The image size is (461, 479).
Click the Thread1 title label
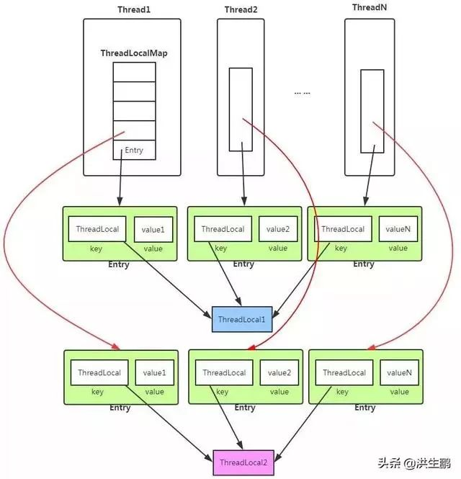(133, 9)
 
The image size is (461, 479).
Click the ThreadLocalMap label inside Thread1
(134, 54)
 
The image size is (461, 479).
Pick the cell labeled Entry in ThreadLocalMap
(134, 150)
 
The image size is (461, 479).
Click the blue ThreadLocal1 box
(242, 319)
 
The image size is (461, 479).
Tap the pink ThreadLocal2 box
(243, 462)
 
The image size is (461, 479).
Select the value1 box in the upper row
(153, 229)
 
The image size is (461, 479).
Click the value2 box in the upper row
(278, 229)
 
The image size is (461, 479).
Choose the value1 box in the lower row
(154, 372)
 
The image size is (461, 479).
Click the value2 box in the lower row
(279, 372)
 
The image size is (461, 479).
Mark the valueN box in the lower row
(399, 372)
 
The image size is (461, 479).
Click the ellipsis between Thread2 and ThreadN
(303, 93)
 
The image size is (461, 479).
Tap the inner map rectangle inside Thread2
(241, 109)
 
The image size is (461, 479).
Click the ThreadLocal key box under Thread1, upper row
(98, 229)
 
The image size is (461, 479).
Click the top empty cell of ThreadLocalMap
(134, 72)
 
